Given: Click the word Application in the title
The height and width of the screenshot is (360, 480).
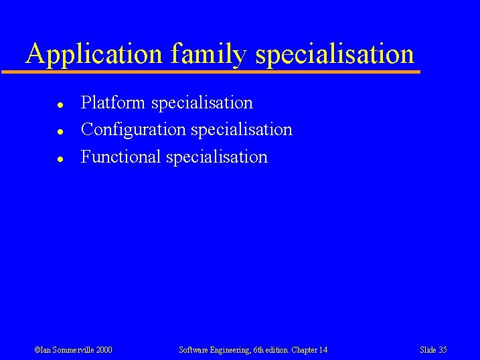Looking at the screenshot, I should click(x=94, y=54).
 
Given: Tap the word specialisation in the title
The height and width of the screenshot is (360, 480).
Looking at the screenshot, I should click(x=335, y=54).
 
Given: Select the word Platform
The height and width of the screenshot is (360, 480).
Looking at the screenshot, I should click(x=113, y=103).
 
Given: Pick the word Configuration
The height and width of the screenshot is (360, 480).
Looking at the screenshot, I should click(x=133, y=129).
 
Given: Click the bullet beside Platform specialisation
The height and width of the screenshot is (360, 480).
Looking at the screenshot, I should click(x=60, y=105).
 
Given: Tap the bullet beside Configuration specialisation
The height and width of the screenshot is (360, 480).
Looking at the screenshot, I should click(x=60, y=132).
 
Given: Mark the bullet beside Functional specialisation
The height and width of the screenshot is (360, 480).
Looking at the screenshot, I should click(x=60, y=159).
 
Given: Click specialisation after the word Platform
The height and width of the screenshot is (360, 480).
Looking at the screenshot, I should click(x=202, y=103).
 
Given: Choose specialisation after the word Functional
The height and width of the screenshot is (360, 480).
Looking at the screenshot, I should click(x=216, y=157).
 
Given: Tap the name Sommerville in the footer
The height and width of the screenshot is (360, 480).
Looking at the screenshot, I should click(x=70, y=350).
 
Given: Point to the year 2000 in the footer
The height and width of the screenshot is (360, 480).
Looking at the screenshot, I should click(x=104, y=350).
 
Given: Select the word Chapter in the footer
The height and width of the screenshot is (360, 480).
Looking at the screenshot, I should click(x=304, y=350).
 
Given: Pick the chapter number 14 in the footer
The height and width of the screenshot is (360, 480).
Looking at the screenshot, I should click(x=323, y=350).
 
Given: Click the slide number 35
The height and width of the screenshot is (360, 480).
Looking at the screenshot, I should click(x=443, y=350).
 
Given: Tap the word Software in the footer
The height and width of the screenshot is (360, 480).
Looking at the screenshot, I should click(x=195, y=350).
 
